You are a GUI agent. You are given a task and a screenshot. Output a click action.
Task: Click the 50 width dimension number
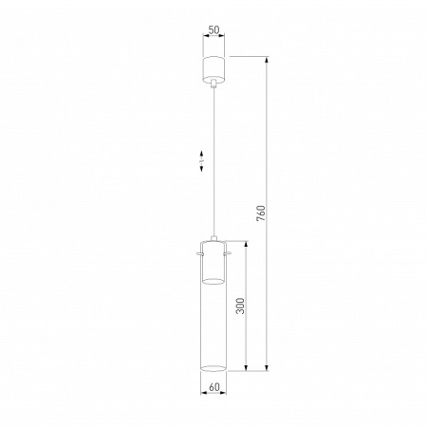coord(213,30)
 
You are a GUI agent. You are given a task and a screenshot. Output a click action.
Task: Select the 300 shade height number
coord(241,306)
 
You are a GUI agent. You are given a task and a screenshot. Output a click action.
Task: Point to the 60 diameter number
coord(213,387)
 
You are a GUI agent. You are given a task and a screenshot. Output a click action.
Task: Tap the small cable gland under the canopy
coord(213,85)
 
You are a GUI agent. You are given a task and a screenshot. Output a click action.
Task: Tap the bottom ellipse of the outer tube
coord(213,366)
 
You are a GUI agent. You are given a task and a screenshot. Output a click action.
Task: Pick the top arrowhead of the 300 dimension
coord(250,242)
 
